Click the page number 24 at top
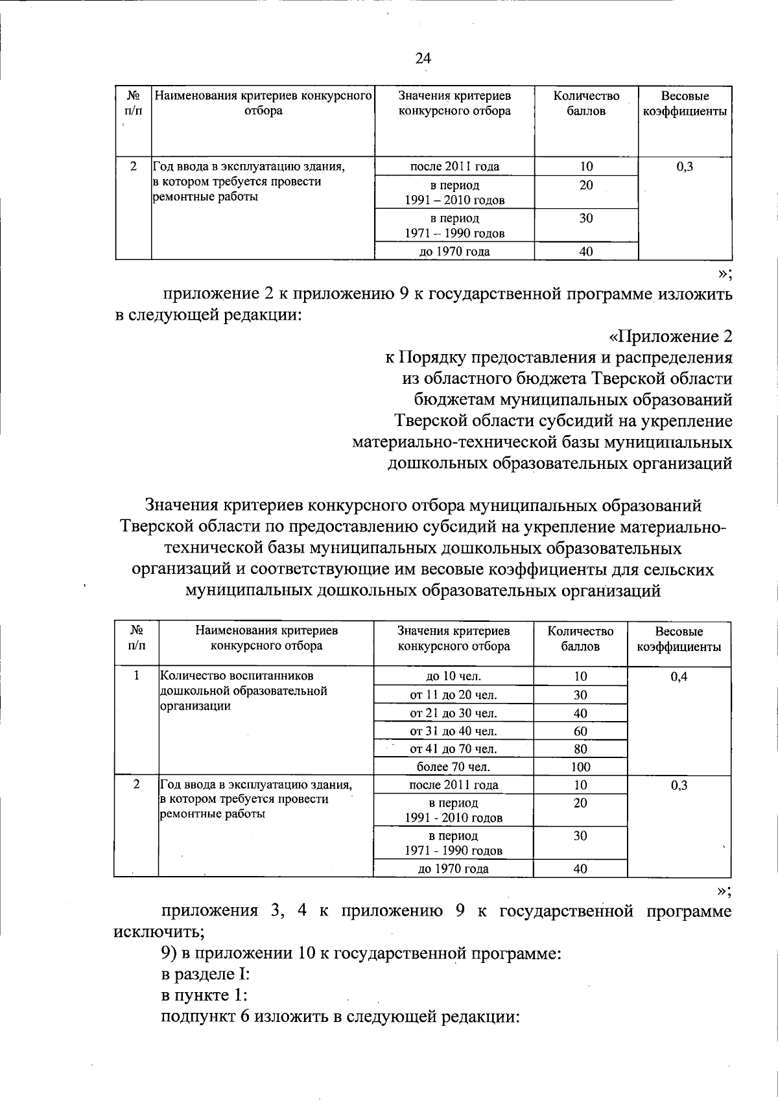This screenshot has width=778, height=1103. pos(423,58)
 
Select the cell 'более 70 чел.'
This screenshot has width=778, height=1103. pos(453,767)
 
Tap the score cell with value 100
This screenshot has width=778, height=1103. pos(580,767)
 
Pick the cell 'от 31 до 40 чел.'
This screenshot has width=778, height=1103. pos(453,731)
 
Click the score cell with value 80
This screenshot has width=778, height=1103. pos(580,749)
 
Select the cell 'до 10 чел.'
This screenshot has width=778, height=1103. pos(453,677)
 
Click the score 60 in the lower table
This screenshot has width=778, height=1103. pos(580,731)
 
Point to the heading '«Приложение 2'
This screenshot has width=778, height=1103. pos(670,337)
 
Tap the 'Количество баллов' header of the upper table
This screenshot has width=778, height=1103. pos(586,103)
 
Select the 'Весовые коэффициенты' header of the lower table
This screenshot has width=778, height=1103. pos(679,639)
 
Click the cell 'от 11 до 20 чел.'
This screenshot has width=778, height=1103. pos(453,695)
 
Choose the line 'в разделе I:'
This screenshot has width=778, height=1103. pos(205,974)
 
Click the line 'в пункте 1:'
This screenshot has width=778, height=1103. pos(205,995)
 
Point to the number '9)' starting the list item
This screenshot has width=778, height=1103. pos(169,953)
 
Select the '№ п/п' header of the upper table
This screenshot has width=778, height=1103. pos(133,103)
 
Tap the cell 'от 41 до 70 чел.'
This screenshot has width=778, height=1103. pos(453,749)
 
